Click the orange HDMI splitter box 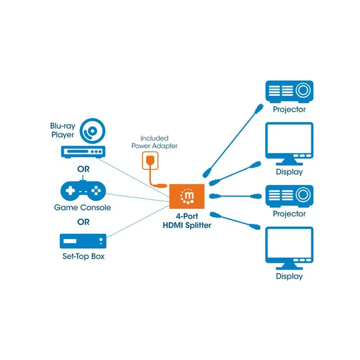187,196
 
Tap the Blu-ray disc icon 92,131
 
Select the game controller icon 83,191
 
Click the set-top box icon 83,241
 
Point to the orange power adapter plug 150,160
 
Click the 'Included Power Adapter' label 155,142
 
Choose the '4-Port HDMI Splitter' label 187,220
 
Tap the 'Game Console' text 83,208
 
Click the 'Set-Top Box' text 83,256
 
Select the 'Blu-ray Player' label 63,130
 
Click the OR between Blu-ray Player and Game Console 83,169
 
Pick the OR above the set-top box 83,222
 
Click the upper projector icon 289,91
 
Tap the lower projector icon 289,196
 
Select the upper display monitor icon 289,144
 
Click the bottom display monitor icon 289,248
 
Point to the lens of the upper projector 303,90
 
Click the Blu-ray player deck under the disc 83,152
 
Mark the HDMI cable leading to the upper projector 233,141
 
